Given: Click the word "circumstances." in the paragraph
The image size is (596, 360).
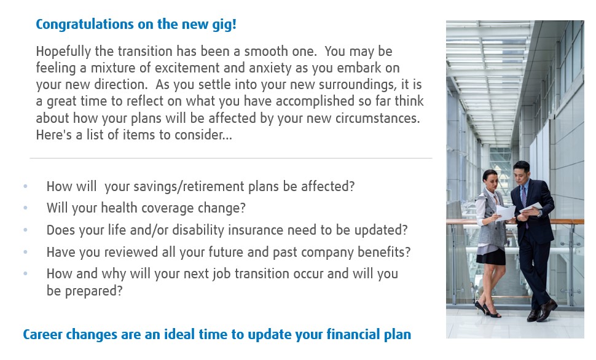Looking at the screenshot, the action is coord(377,118).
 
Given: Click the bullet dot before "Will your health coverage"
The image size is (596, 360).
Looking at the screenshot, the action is coord(25,208).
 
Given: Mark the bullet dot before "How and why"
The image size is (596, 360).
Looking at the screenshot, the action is coord(25,273).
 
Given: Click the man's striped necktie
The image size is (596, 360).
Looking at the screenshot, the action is coord(524,202).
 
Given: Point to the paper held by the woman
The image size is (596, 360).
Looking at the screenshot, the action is coord(504,213).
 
